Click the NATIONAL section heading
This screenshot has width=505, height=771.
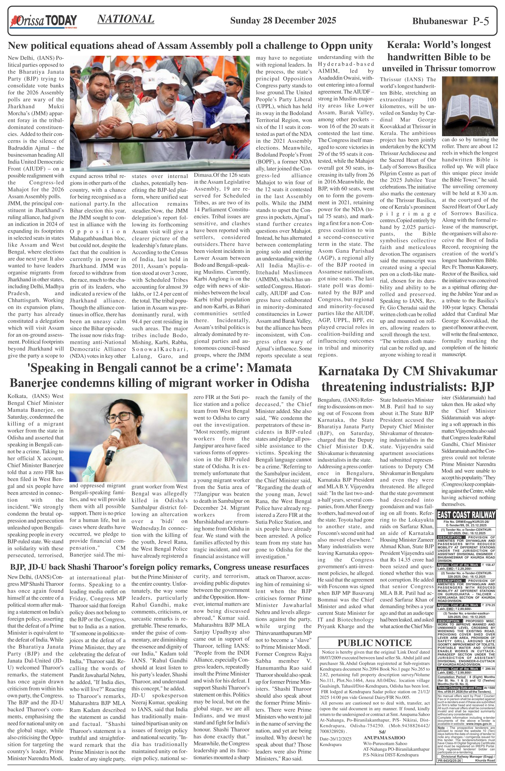pos(126,19)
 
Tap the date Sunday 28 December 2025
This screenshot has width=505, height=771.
pos(283,21)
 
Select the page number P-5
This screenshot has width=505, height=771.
pos(481,21)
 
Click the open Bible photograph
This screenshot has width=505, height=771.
pos(469,107)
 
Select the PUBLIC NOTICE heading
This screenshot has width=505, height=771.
pos(374,643)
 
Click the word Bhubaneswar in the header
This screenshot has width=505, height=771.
pos(440,21)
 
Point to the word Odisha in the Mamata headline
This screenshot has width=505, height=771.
pos(290,383)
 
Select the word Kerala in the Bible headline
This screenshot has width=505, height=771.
pos(402,45)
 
